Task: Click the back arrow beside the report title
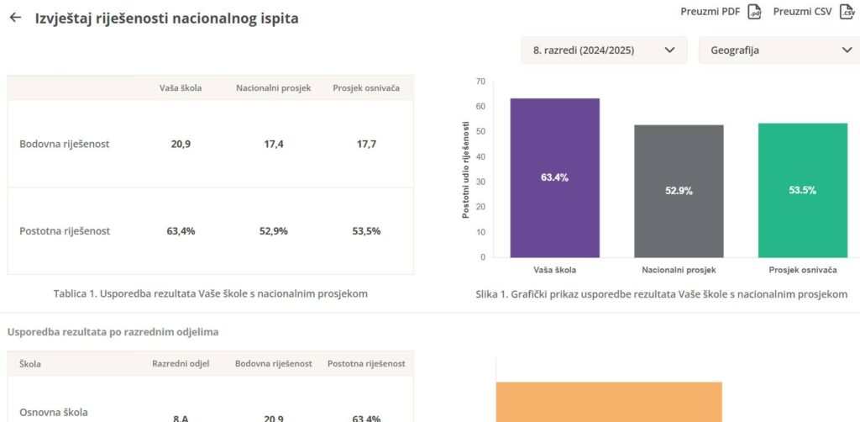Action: (15, 18)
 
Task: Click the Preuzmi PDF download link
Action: (721, 12)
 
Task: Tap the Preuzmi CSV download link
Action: (812, 12)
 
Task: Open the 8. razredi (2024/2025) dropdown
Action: (604, 50)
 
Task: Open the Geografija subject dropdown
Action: (779, 50)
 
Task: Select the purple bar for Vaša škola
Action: (554, 177)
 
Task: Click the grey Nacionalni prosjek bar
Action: (679, 191)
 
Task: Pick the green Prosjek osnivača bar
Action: (802, 190)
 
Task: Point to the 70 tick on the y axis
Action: (480, 82)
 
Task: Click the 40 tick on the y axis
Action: (480, 157)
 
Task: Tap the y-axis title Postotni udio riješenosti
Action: (466, 169)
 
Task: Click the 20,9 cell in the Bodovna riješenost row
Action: (181, 144)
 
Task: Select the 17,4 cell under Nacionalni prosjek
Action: (274, 144)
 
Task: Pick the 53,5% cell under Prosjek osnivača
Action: (366, 231)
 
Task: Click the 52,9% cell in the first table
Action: (274, 231)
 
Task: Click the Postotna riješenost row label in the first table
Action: (65, 231)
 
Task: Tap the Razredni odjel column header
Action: (181, 363)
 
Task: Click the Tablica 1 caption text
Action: (210, 293)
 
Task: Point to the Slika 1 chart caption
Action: (661, 294)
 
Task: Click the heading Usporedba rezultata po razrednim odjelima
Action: (113, 332)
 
